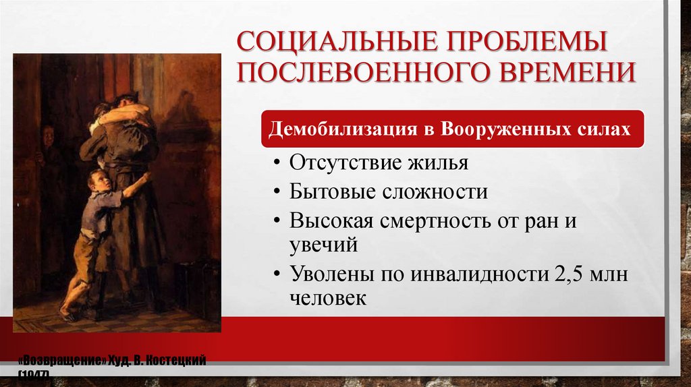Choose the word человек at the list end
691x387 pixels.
(x=329, y=297)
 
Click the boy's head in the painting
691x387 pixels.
(x=99, y=181)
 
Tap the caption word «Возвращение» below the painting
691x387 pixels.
(x=63, y=361)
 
